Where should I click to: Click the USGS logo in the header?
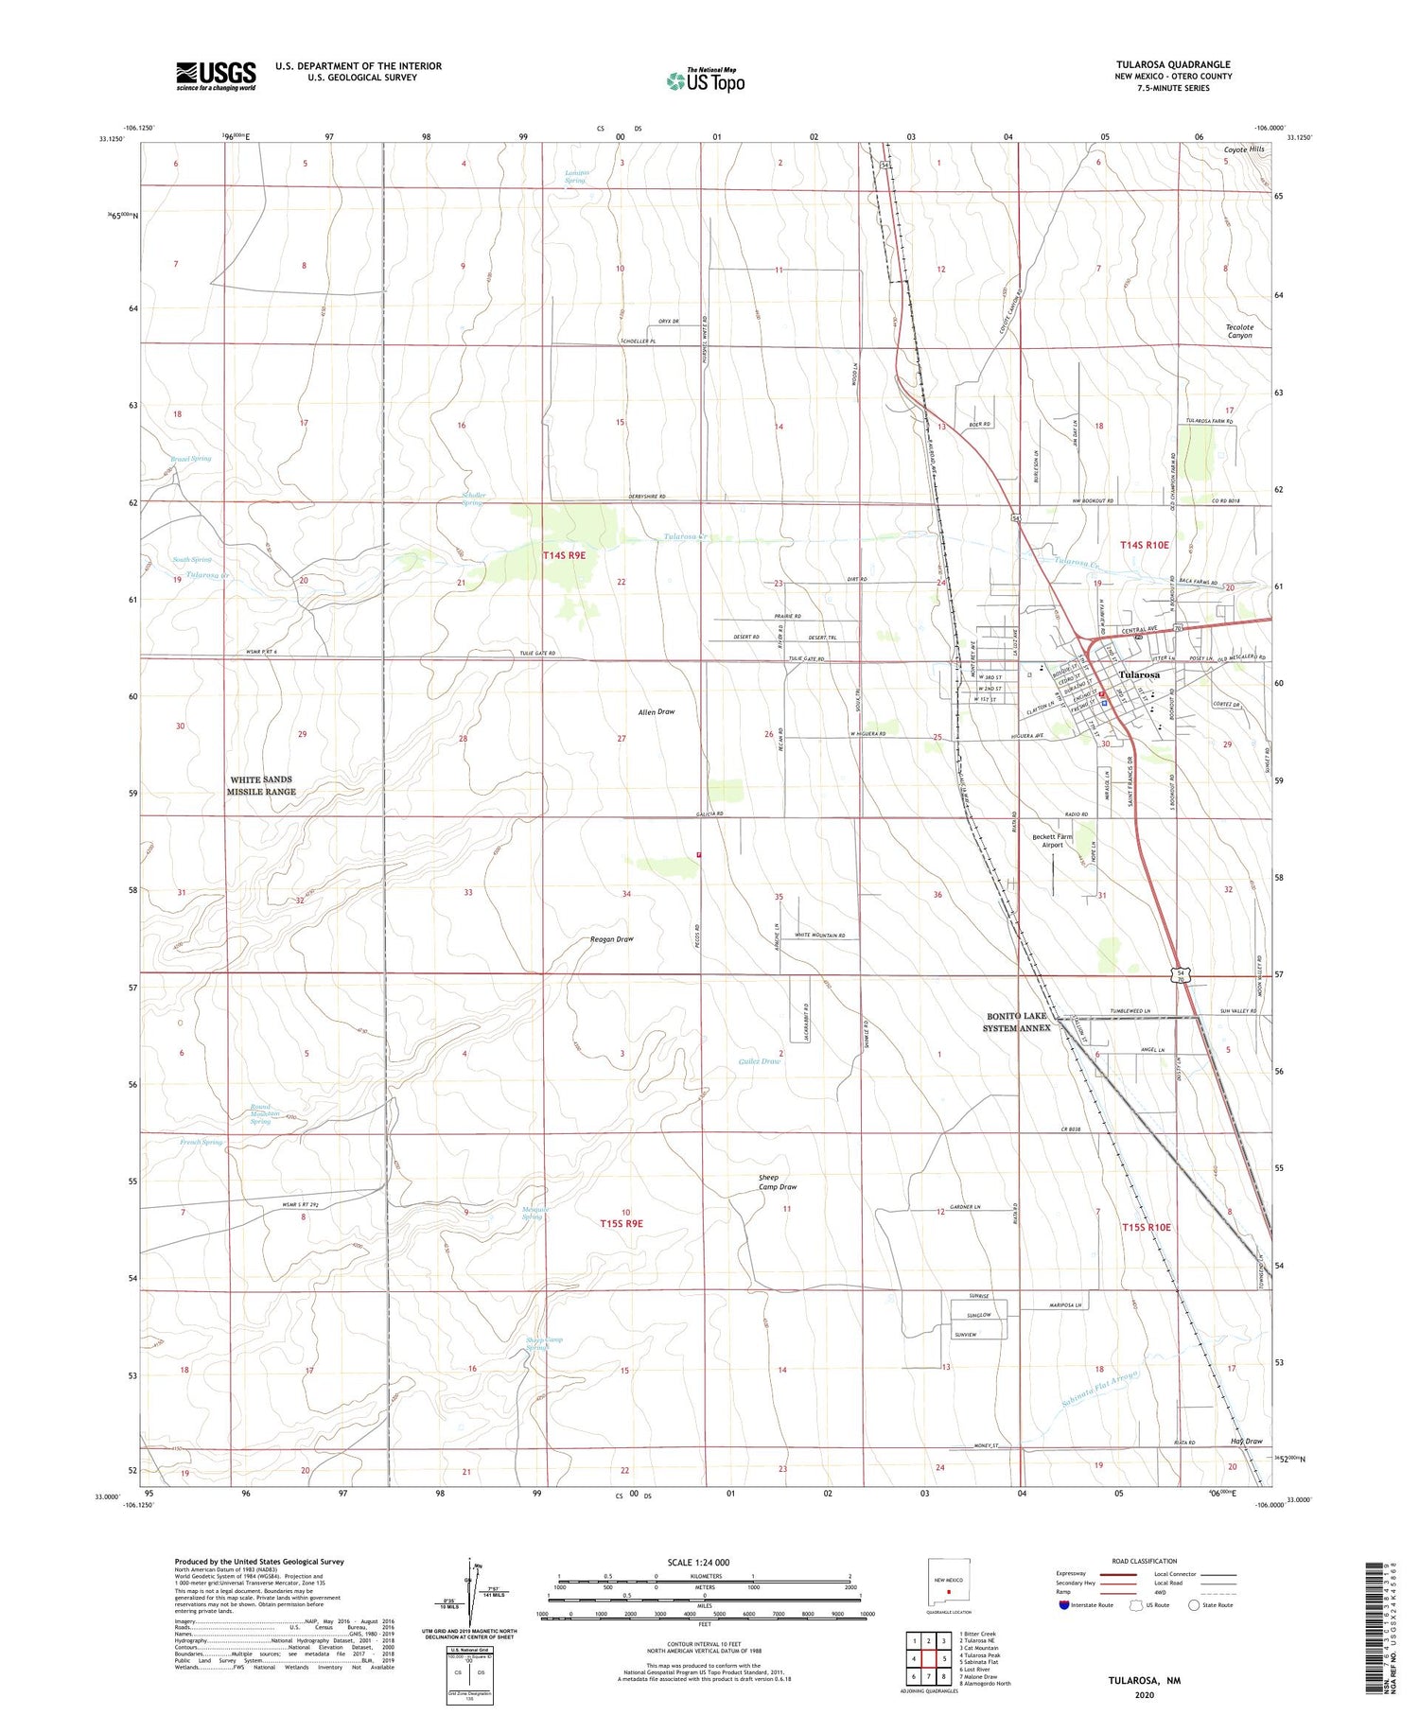point(216,75)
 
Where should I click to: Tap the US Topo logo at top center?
point(705,80)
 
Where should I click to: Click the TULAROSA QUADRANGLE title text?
point(1172,64)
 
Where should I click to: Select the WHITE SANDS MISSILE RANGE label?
point(261,785)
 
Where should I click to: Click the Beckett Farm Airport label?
point(1052,840)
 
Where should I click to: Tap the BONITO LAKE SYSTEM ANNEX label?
point(1018,1022)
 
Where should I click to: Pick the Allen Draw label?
point(657,711)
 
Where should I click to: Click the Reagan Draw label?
point(611,939)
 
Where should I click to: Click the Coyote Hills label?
point(1243,149)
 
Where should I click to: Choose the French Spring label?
point(201,1142)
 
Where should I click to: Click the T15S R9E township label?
point(621,1223)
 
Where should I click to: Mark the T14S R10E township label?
point(1145,545)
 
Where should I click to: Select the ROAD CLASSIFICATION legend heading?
point(1145,1561)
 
